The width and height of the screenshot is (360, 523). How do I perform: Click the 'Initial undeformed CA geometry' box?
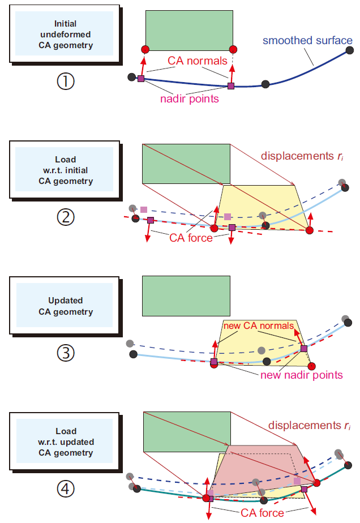tap(65, 34)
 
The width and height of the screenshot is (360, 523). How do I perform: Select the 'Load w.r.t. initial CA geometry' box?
tap(65, 170)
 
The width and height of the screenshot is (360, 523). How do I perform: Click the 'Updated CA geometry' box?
tap(65, 306)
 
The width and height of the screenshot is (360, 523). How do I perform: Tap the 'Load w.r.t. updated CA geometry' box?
tap(65, 441)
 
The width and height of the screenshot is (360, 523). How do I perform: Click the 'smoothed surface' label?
tap(307, 41)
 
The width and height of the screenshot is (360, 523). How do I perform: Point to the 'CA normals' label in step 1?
tap(197, 61)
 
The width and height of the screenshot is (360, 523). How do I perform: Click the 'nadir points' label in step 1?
tap(189, 98)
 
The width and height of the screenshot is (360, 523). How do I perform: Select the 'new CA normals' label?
tap(258, 326)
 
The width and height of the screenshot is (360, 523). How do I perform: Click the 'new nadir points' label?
tap(301, 375)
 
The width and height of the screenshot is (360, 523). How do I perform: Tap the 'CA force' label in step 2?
tap(191, 238)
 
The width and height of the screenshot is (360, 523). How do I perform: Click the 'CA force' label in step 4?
tap(262, 513)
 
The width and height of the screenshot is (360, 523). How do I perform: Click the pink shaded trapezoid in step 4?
tap(258, 467)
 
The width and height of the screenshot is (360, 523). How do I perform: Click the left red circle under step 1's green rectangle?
tap(145, 49)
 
